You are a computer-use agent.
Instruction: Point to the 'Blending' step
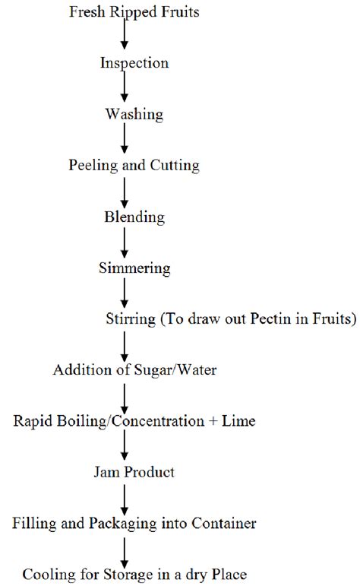click(x=134, y=217)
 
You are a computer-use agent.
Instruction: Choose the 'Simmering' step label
click(x=134, y=268)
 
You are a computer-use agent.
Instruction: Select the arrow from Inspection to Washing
click(x=124, y=88)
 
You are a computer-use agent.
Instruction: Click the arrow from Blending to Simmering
click(x=124, y=242)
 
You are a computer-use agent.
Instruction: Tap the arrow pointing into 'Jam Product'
click(x=124, y=447)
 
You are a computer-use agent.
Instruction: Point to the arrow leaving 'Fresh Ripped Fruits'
click(x=124, y=36)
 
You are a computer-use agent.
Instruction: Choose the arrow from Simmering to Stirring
click(x=124, y=293)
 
